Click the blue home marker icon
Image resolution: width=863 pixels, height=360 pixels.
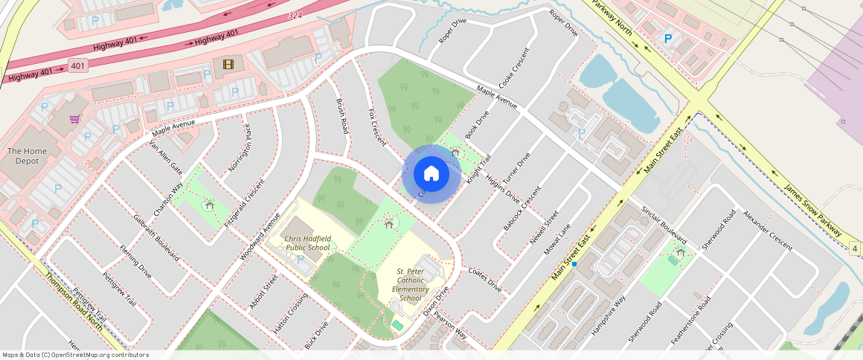coord(431,174)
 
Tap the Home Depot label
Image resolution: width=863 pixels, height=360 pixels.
coord(26,157)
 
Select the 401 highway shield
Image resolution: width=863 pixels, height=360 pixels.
coord(78,65)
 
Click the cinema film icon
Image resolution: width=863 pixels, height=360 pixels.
coord(227,65)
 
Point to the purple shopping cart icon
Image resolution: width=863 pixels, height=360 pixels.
coord(74,119)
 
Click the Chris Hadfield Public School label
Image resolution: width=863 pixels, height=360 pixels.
coord(307,243)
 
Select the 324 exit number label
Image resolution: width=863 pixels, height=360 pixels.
coord(295,16)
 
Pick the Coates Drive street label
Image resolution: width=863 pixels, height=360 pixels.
coord(485,280)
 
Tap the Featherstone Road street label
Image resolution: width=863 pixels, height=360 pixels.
coord(690,321)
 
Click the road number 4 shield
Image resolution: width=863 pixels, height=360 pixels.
coord(855,248)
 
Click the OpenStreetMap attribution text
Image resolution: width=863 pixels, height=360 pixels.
coord(75,355)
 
